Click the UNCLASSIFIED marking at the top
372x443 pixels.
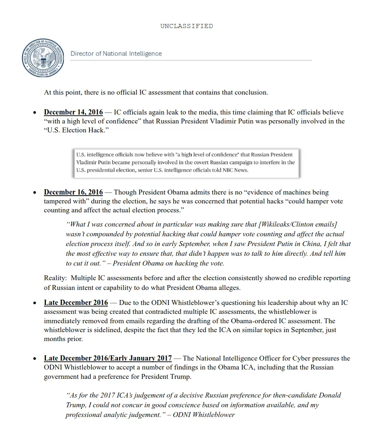186,26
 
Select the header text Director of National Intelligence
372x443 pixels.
116,54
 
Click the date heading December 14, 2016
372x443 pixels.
73,112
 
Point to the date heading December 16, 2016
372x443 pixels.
73,192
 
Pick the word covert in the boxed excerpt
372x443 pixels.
184,162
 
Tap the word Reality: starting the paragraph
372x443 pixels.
56,279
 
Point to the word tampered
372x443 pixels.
58,201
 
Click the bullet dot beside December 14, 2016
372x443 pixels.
35,113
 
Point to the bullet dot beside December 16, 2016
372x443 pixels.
35,192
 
